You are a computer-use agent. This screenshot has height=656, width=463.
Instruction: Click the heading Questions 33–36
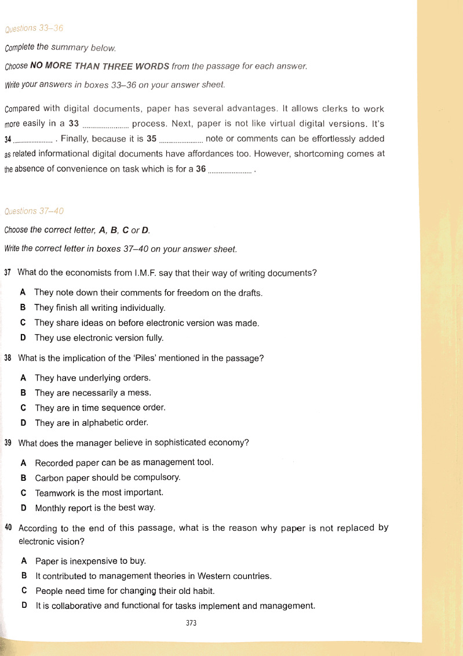pyautogui.click(x=34, y=28)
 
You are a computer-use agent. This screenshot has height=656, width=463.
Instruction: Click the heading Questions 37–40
pyautogui.click(x=34, y=211)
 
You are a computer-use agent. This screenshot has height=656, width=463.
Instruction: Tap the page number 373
pyautogui.click(x=191, y=624)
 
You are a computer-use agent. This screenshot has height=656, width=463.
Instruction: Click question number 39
pyautogui.click(x=8, y=444)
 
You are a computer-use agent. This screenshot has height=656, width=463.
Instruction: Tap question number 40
pyautogui.click(x=8, y=528)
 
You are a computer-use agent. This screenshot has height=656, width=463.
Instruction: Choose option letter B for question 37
pyautogui.click(x=23, y=307)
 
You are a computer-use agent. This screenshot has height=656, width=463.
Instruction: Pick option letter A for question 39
pyautogui.click(x=23, y=463)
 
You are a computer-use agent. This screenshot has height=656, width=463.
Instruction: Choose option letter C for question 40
pyautogui.click(x=24, y=591)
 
